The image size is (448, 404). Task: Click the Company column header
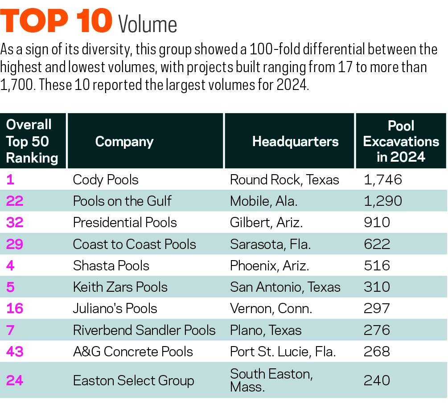[x=124, y=142]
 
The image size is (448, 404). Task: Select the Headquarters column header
[x=295, y=142]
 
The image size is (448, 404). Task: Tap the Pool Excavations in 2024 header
[x=401, y=141]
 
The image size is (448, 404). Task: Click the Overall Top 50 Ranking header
[x=32, y=141]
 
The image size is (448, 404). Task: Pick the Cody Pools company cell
[x=106, y=180]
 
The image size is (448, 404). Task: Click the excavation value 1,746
[x=383, y=180]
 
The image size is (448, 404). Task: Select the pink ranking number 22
[x=15, y=201]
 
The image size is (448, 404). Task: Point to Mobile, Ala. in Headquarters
[x=263, y=201]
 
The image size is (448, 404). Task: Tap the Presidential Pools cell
[x=125, y=223]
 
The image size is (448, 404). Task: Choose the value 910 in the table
[x=377, y=223]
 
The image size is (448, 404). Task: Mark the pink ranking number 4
[x=10, y=266]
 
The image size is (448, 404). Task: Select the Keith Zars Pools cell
[x=120, y=287]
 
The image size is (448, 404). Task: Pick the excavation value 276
[x=377, y=330]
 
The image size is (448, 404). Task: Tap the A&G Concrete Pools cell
[x=133, y=351]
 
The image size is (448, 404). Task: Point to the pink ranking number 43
[x=15, y=351]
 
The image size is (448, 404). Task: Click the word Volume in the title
[x=148, y=25]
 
